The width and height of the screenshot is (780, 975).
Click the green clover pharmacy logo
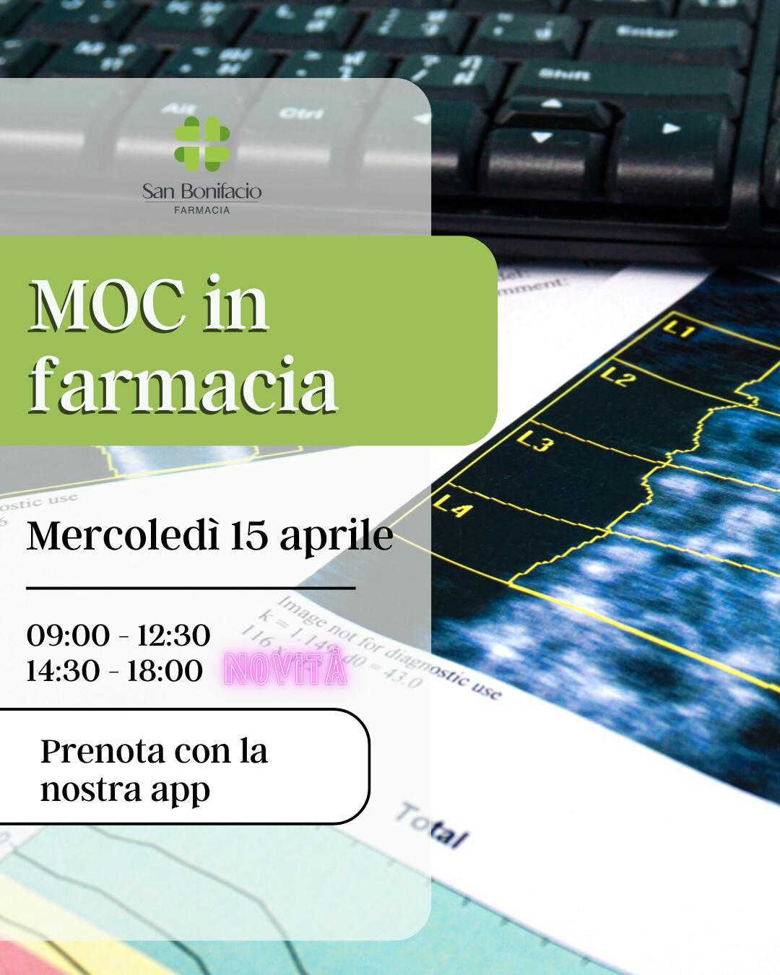coord(201,143)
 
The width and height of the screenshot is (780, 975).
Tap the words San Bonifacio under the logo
coord(201,191)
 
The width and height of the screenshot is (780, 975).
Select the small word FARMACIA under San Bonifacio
coord(202,210)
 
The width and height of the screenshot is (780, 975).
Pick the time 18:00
coord(165,671)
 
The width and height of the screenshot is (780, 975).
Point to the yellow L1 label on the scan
coord(678,330)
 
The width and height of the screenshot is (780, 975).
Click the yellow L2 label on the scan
coord(617,377)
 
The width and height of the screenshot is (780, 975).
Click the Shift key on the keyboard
coord(563,74)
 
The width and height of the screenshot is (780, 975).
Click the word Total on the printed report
coord(431,825)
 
